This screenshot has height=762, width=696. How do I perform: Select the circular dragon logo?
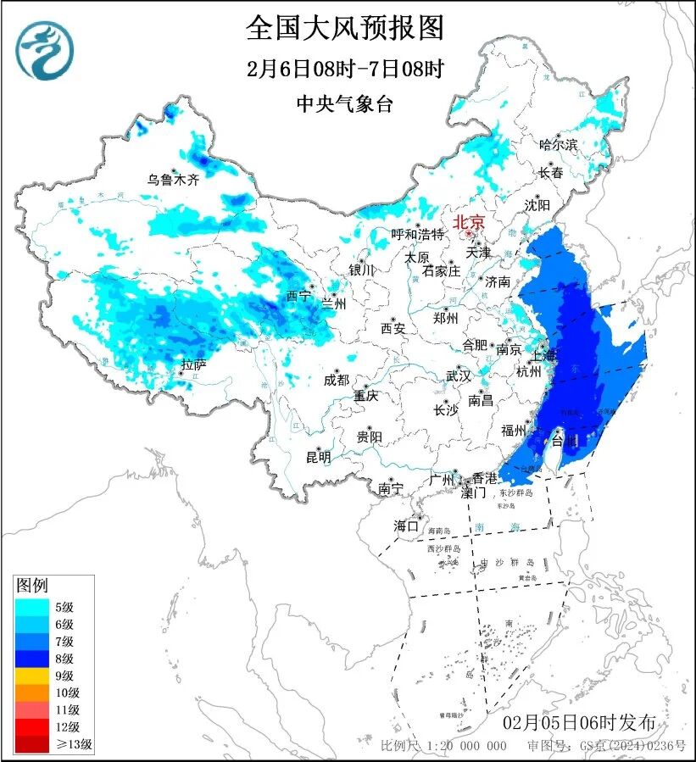(x=44, y=50)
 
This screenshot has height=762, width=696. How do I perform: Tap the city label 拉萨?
(x=193, y=365)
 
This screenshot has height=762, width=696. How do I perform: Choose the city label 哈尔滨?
(x=558, y=145)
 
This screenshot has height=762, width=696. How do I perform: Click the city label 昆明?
(x=319, y=458)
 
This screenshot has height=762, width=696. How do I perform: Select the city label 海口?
(x=406, y=526)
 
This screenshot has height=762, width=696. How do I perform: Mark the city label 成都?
(x=337, y=381)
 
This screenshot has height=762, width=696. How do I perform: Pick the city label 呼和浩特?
(x=417, y=234)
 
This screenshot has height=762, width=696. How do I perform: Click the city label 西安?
(x=393, y=327)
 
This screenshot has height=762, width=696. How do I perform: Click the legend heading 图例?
(x=32, y=586)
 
